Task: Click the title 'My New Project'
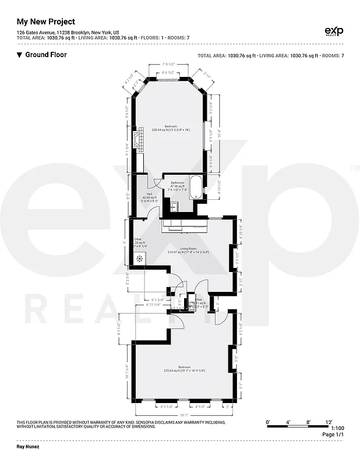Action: pyautogui.click(x=45, y=22)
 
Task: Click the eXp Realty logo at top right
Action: pyautogui.click(x=333, y=31)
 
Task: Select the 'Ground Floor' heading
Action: pyautogui.click(x=45, y=55)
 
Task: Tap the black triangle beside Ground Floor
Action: pyautogui.click(x=19, y=55)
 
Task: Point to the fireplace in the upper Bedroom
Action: pyautogui.click(x=136, y=140)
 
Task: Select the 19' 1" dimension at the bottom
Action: pyautogui.click(x=182, y=414)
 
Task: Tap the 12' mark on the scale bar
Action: pyautogui.click(x=329, y=421)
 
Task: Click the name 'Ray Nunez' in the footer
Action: pyautogui.click(x=28, y=447)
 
